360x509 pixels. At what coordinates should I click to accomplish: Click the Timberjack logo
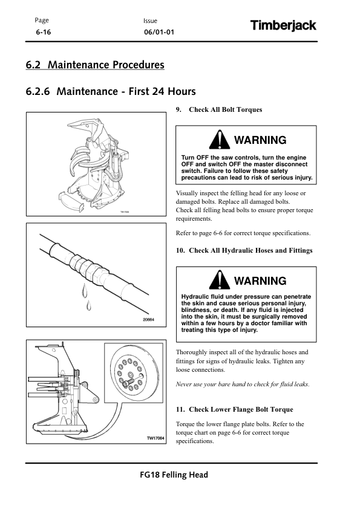click(x=283, y=25)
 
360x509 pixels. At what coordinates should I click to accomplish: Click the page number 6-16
click(x=43, y=32)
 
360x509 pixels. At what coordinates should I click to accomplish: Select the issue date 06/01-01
click(x=159, y=32)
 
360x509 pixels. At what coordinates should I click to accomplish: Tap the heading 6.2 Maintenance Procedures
click(x=95, y=65)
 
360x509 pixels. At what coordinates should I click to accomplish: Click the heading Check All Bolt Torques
click(x=225, y=110)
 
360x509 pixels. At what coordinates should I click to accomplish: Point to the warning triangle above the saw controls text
click(x=219, y=140)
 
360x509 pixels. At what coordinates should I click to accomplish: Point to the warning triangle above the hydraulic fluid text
click(x=219, y=280)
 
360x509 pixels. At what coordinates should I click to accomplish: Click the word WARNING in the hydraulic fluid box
click(x=260, y=280)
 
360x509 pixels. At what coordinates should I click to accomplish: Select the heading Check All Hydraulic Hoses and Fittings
click(x=250, y=251)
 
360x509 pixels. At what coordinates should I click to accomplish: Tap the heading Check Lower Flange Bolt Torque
click(x=241, y=410)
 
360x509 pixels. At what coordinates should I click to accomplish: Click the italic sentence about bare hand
click(x=243, y=384)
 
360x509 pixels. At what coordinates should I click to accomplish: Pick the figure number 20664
click(x=148, y=320)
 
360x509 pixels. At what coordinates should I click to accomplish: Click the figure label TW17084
click(x=155, y=438)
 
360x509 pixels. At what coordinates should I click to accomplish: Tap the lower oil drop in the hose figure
click(x=89, y=305)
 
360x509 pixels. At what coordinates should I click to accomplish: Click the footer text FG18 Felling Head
click(x=174, y=475)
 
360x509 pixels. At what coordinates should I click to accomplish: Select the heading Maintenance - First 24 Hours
click(x=126, y=91)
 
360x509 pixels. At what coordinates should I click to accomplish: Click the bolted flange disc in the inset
click(x=134, y=374)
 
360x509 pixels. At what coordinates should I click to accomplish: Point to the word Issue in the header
click(x=150, y=21)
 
